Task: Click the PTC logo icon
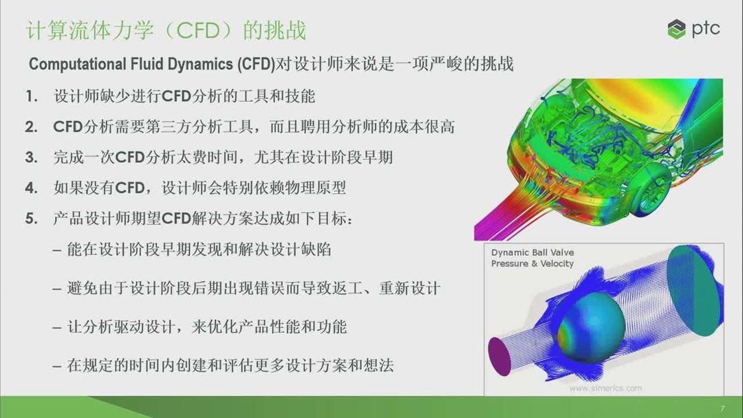(677, 30)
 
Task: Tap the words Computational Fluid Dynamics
(151, 65)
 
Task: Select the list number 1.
(31, 96)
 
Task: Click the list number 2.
(31, 127)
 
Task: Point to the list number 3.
(31, 157)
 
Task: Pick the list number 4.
(31, 188)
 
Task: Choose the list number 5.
(31, 219)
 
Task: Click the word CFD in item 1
(180, 96)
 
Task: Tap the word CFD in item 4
(131, 188)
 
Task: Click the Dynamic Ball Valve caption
(532, 252)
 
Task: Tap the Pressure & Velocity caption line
(532, 263)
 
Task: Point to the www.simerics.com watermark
(605, 388)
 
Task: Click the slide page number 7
(722, 408)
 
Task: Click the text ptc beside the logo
(706, 30)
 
